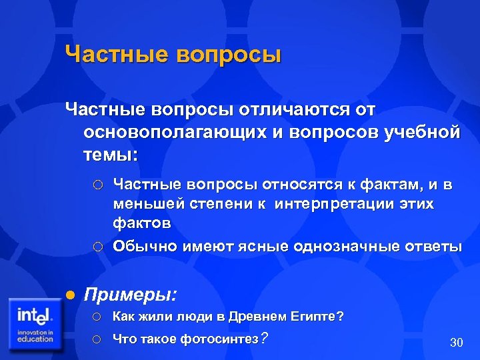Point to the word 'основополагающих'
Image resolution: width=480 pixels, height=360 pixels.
point(176,132)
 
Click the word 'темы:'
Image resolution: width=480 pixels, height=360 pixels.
point(111,155)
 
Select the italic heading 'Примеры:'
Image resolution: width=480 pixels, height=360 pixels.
point(130,294)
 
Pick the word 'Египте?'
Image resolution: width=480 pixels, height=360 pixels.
point(321,317)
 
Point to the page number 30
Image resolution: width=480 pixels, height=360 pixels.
point(456,343)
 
